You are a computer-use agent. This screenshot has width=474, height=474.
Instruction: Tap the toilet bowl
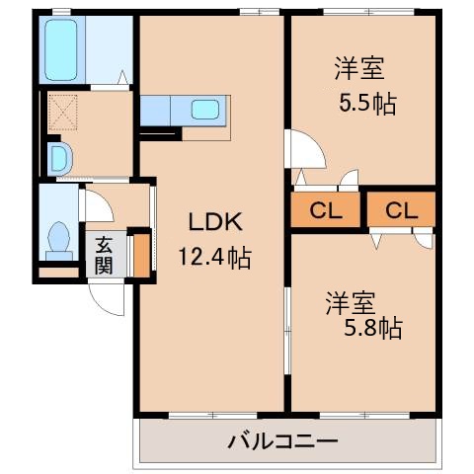coord(58,238)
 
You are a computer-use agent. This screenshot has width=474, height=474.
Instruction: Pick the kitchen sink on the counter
coord(205,109)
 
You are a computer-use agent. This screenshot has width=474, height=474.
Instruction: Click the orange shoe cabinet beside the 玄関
coord(142,254)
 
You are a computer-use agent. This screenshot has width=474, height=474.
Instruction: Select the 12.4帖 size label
coord(213,259)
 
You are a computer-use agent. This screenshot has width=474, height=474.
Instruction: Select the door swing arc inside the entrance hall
coord(97,205)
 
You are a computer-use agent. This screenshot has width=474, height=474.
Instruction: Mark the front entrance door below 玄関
coord(106,292)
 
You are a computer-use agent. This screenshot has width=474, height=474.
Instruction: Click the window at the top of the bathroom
coord(62,12)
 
